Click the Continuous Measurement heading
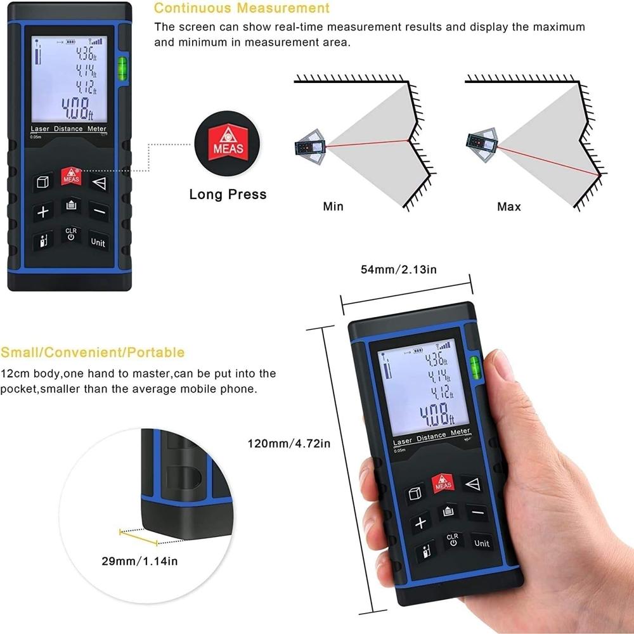click(x=242, y=8)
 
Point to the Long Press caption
click(x=228, y=194)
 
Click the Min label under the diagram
click(x=333, y=207)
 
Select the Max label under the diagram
click(x=509, y=207)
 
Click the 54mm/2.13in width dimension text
click(x=399, y=269)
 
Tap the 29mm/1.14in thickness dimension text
click(x=139, y=560)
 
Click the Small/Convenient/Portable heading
click(x=93, y=353)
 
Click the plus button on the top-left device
click(x=42, y=212)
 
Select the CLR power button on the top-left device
click(x=70, y=234)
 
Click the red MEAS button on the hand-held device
click(x=443, y=483)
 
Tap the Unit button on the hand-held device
click(x=482, y=543)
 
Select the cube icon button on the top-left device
click(x=42, y=183)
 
